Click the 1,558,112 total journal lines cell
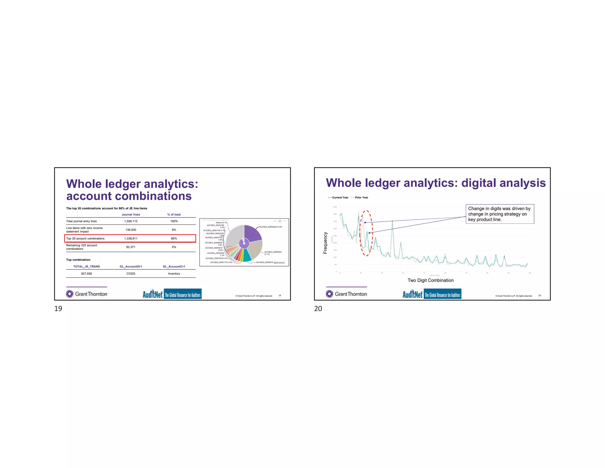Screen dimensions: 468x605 [x=131, y=221]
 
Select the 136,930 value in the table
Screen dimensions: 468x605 [x=131, y=230]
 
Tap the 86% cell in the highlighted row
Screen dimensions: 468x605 [x=174, y=238]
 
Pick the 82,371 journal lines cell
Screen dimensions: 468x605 [x=131, y=247]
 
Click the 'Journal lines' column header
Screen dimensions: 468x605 [x=131, y=215]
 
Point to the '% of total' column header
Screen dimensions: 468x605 [x=174, y=215]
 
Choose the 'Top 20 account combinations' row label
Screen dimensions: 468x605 [x=85, y=238]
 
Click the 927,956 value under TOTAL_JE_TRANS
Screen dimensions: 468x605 [x=86, y=274]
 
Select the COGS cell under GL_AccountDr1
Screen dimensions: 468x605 [x=131, y=274]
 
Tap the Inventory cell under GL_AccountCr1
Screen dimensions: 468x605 [x=174, y=274]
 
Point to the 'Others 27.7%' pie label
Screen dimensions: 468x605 [x=221, y=223]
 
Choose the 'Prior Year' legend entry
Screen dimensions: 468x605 [x=361, y=198]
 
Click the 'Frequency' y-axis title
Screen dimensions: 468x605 [x=325, y=243]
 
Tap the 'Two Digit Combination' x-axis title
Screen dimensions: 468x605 [x=430, y=280]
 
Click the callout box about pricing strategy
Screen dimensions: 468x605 [x=500, y=214]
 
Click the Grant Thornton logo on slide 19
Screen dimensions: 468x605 [x=87, y=294]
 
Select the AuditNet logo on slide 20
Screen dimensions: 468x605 [x=432, y=294]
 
